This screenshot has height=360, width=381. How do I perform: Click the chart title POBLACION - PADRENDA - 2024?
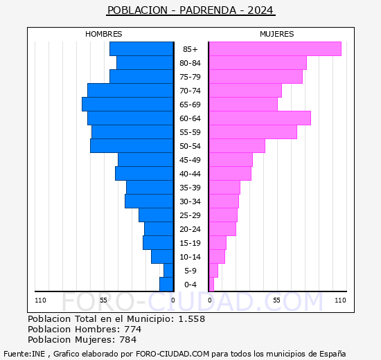click(x=190, y=10)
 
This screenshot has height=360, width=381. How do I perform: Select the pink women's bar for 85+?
click(x=274, y=48)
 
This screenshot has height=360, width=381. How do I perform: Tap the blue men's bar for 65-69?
click(x=127, y=104)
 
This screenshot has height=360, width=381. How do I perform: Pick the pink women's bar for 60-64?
click(x=259, y=118)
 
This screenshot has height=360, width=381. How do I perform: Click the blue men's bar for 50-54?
click(x=132, y=145)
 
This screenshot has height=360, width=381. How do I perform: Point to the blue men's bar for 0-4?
click(x=166, y=284)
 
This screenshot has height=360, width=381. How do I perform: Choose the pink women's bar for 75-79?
click(x=255, y=76)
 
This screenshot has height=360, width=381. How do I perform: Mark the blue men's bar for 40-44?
click(x=144, y=173)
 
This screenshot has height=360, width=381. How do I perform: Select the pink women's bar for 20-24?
click(x=222, y=228)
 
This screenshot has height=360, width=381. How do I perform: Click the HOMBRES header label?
click(x=104, y=34)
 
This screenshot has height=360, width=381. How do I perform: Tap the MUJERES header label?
click(x=276, y=34)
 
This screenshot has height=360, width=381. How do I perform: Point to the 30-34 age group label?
click(x=190, y=201)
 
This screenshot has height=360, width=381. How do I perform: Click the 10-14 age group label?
click(x=190, y=257)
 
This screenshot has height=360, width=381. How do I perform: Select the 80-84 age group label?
click(x=190, y=63)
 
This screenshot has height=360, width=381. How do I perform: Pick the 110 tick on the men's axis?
click(x=41, y=300)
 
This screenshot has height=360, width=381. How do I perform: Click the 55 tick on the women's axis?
click(x=276, y=300)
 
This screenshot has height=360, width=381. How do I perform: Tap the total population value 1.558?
click(x=191, y=319)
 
